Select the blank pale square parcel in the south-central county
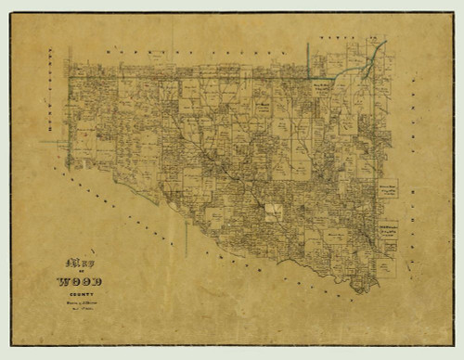(273, 212)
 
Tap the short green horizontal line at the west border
(51, 141)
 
